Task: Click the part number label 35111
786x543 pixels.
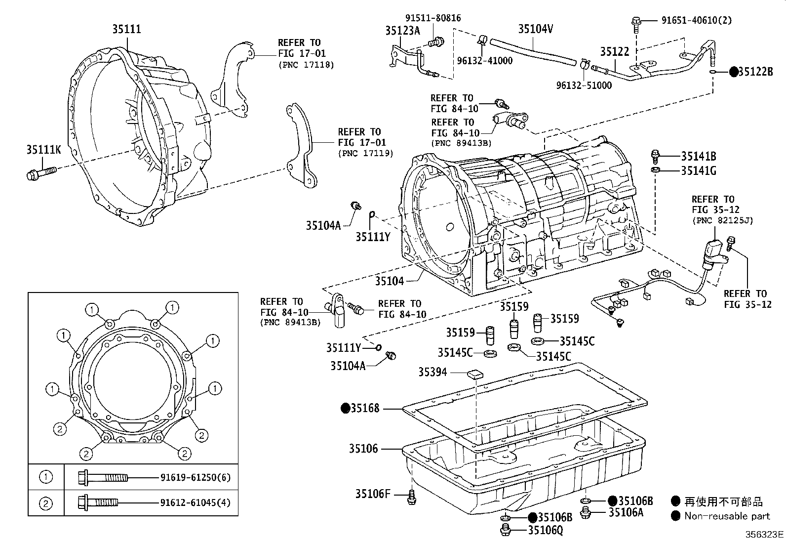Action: click(x=126, y=29)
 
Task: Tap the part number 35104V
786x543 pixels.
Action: click(x=535, y=29)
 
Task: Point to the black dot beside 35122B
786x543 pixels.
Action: click(x=734, y=72)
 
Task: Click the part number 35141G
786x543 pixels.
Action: click(x=698, y=171)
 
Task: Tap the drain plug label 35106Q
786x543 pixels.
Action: click(x=545, y=530)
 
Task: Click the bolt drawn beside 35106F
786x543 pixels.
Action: click(x=411, y=497)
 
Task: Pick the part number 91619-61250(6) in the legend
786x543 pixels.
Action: click(x=195, y=478)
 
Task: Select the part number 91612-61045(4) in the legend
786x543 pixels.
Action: click(x=195, y=503)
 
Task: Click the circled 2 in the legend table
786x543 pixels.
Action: click(x=45, y=503)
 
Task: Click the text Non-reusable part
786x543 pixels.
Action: click(x=727, y=516)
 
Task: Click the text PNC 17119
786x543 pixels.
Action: click(x=365, y=153)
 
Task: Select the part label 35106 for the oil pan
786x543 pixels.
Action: click(x=363, y=449)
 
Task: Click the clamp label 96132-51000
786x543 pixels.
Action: click(x=584, y=85)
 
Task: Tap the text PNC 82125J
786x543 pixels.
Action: click(x=722, y=220)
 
